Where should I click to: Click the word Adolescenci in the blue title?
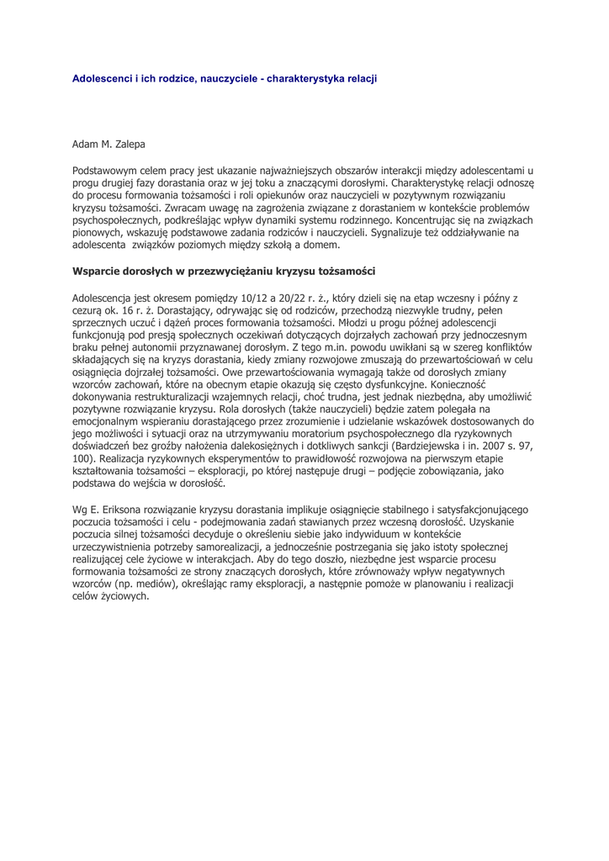click(101, 78)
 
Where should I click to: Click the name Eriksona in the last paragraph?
click(126, 510)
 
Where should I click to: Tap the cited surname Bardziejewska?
click(424, 446)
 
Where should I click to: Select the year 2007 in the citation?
click(496, 446)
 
